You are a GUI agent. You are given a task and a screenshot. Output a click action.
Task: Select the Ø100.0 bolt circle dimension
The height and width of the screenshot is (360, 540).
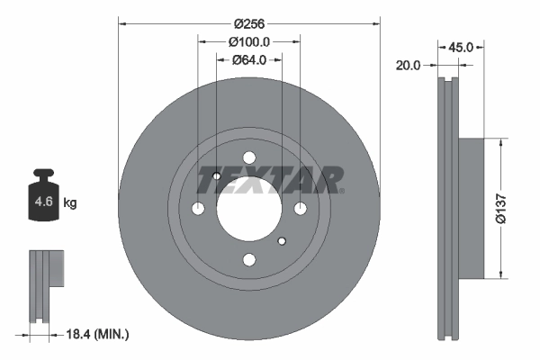pyautogui.click(x=249, y=41)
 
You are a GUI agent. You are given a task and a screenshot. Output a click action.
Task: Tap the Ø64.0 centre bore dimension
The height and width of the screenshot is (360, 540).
pyautogui.click(x=249, y=60)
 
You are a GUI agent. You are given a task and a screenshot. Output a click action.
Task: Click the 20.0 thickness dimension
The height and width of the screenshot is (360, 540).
pyautogui.click(x=410, y=65)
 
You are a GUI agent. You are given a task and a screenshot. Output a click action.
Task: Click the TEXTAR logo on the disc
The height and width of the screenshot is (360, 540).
pyautogui.click(x=269, y=181)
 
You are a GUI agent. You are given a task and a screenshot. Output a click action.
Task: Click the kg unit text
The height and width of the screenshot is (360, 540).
pyautogui.click(x=70, y=203)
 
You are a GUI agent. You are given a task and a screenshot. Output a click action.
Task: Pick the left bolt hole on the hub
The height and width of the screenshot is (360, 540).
pyautogui.click(x=198, y=209)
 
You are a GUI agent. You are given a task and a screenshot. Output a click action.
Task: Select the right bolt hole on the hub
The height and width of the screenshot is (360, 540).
pyautogui.click(x=301, y=209)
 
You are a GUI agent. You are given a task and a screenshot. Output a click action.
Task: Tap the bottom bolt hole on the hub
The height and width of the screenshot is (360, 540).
pyautogui.click(x=249, y=260)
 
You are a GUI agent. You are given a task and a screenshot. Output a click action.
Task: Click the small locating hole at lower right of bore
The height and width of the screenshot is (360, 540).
pyautogui.click(x=282, y=240)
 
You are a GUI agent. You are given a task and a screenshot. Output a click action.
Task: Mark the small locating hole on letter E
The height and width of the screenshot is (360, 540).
pyautogui.click(x=217, y=176)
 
